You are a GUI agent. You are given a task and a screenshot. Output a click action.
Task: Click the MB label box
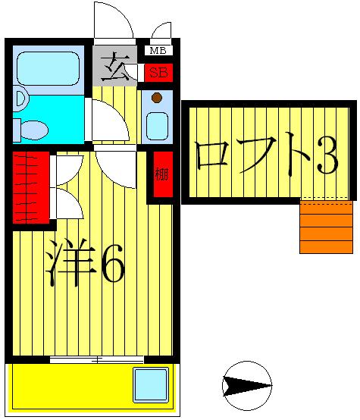[x=158, y=51]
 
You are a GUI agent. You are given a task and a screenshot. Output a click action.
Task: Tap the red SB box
[x=158, y=73]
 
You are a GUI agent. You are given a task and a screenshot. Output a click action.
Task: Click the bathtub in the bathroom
[x=48, y=68]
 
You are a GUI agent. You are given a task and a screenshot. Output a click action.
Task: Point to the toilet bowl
[x=33, y=130]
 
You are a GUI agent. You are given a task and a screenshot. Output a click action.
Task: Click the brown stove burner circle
[x=156, y=98]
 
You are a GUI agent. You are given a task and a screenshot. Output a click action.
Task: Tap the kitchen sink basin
[x=157, y=126]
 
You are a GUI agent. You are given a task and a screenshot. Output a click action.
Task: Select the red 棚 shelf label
[x=161, y=175]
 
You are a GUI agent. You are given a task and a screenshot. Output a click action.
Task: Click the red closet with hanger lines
[x=31, y=186]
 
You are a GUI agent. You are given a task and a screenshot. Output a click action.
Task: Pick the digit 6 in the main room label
[x=111, y=261]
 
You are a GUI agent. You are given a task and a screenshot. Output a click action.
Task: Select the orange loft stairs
[x=326, y=226]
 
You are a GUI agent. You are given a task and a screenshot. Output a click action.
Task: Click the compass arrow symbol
[x=247, y=385]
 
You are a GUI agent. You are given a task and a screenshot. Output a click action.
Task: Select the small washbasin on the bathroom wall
[x=19, y=99]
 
